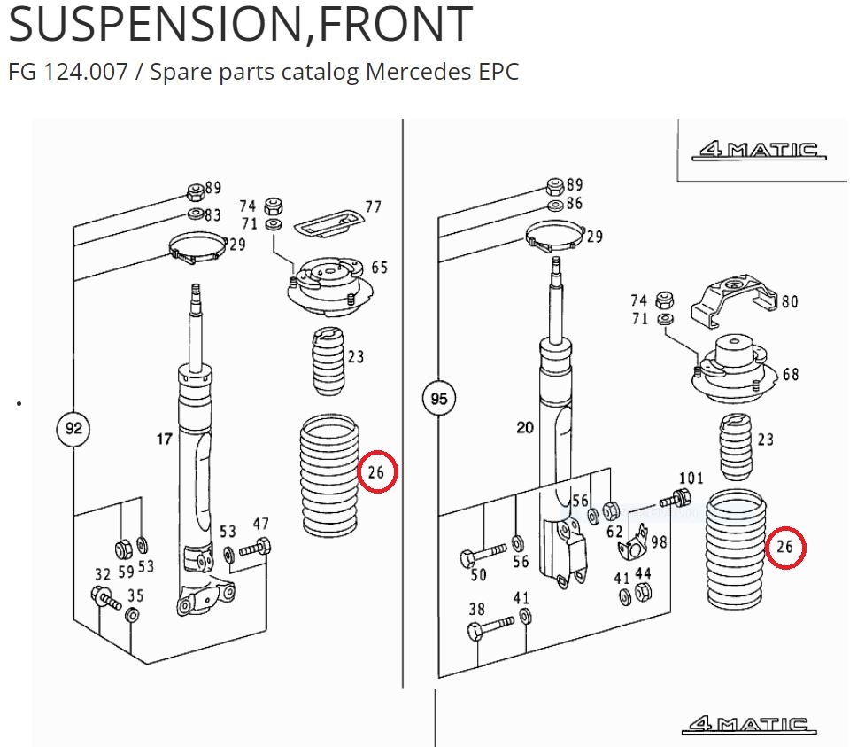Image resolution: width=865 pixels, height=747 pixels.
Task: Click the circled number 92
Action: pyautogui.click(x=73, y=430)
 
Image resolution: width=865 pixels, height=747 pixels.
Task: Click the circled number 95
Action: pyautogui.click(x=439, y=399)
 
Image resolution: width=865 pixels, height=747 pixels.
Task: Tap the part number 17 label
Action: pyautogui.click(x=165, y=439)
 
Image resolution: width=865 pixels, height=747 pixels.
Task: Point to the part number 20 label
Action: pyautogui.click(x=525, y=428)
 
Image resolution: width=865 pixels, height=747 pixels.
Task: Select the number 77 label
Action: pyautogui.click(x=373, y=206)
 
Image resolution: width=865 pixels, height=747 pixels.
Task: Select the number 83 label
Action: pyautogui.click(x=212, y=215)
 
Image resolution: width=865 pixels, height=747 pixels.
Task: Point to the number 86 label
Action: pyautogui.click(x=575, y=204)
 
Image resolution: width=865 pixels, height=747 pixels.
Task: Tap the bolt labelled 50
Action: pyautogui.click(x=483, y=556)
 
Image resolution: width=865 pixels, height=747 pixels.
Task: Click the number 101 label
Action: pyautogui.click(x=690, y=479)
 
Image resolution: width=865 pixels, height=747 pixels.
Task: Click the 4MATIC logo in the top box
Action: pyautogui.click(x=760, y=150)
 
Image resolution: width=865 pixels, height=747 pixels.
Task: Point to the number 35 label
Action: pyautogui.click(x=135, y=595)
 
